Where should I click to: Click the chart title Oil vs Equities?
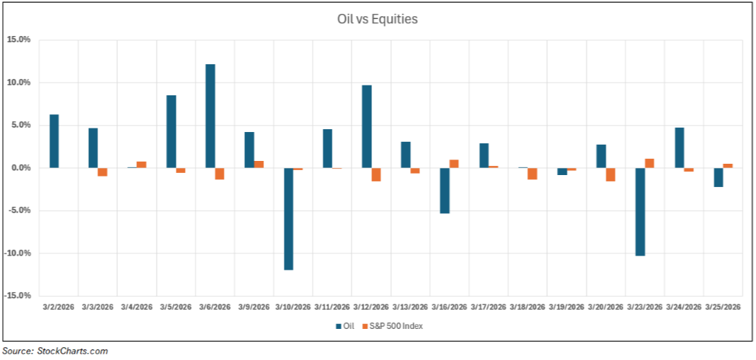coord(378,19)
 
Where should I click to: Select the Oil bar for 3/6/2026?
coord(210,116)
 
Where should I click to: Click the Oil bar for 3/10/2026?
coord(288,219)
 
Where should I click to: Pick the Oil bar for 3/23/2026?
coord(640,212)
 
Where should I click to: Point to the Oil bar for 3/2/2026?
coord(54,141)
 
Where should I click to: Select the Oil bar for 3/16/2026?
coord(445,191)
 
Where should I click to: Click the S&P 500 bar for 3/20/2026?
coord(610,174)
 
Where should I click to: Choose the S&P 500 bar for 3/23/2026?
coord(649,163)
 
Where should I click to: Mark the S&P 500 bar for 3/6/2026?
coord(220,174)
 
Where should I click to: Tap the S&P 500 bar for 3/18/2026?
coord(532,174)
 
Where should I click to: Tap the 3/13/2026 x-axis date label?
coord(410,307)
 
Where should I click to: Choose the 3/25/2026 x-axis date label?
coord(722,307)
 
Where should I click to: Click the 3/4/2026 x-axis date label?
coord(137,307)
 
